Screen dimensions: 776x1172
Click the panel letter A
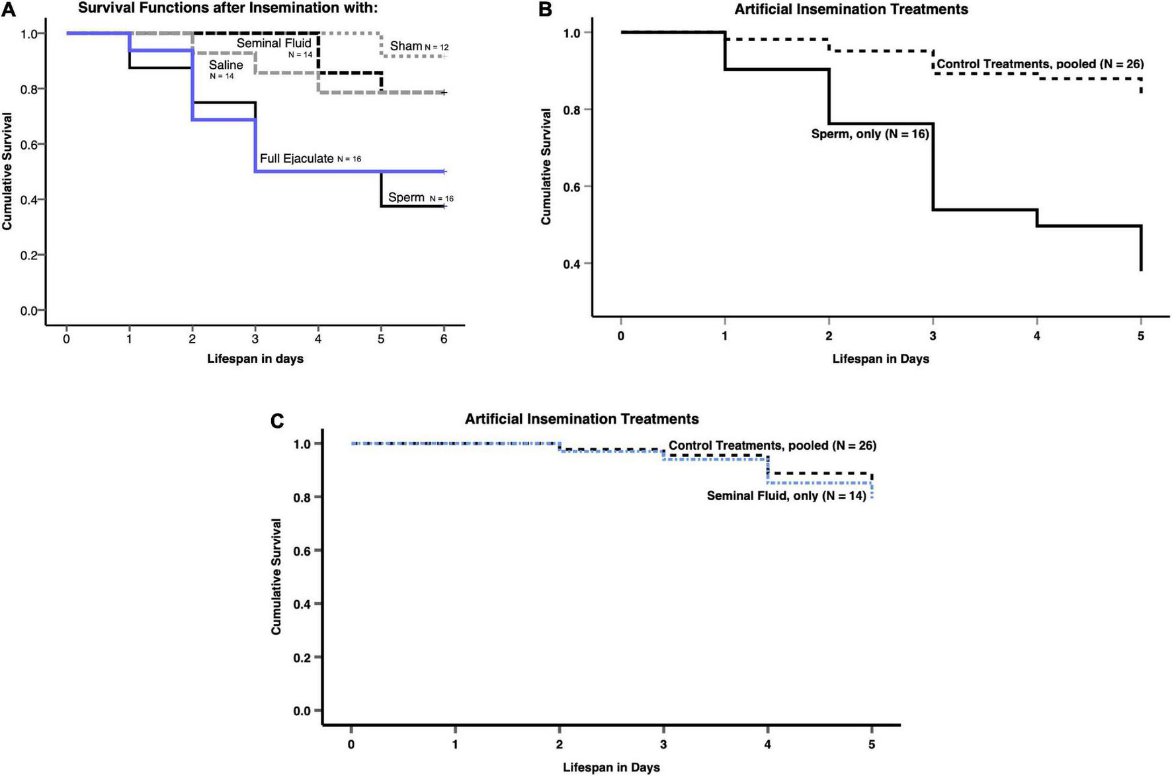8,9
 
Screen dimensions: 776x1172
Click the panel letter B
545,9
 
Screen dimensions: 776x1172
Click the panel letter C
278,421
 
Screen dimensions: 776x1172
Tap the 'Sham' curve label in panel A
405,46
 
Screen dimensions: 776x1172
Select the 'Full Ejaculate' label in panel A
296,159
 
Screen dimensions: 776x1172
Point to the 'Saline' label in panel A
226,65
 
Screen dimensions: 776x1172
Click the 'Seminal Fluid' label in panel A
274,44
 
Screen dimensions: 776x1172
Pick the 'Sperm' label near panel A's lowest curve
406,197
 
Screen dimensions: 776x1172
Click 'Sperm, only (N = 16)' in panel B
870,134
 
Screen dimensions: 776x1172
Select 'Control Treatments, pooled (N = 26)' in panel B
1040,64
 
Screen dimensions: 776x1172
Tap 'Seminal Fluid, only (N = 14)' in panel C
786,496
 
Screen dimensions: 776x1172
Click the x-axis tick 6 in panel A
444,339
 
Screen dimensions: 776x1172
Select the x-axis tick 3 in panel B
933,336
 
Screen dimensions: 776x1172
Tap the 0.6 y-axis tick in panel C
302,550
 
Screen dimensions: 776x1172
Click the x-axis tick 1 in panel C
455,745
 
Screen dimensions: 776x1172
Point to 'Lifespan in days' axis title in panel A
255,359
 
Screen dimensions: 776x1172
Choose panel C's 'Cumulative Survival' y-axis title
276,577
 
